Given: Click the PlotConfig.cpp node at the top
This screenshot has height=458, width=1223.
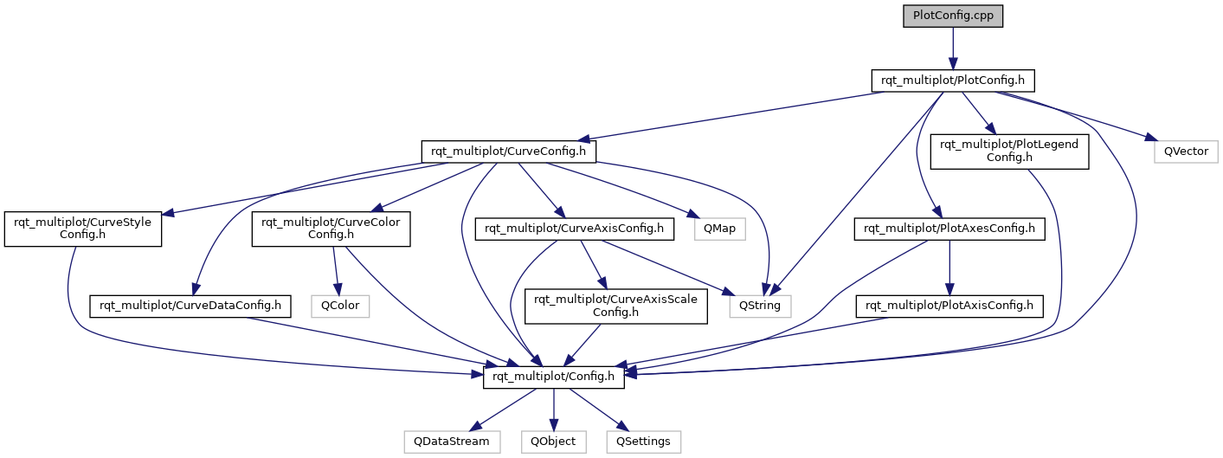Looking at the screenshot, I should (x=952, y=16).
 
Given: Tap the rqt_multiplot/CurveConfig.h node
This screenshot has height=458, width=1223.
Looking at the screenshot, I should (x=509, y=152).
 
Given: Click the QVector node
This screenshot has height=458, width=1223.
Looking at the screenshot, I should (x=1186, y=152).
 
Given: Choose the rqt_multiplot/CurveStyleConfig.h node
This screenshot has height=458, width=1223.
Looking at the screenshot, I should (x=83, y=229).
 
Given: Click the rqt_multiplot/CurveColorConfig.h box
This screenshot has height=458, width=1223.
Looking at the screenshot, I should (x=331, y=229).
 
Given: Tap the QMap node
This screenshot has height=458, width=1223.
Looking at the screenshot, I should (x=713, y=229).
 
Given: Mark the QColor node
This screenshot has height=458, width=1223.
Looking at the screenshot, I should (x=340, y=305).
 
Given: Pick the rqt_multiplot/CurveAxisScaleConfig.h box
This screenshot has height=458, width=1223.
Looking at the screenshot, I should (x=617, y=306).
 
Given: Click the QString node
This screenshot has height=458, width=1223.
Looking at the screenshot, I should (x=760, y=305).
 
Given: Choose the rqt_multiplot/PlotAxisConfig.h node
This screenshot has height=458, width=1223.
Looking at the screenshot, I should (x=950, y=305).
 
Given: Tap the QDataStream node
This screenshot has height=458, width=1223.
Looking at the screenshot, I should (x=452, y=441).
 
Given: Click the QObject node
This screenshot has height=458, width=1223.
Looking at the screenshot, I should (x=553, y=441).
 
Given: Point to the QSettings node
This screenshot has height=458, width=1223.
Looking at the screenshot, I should (x=643, y=441).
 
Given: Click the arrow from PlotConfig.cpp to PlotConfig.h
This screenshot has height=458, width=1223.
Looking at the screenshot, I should (x=952, y=48).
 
